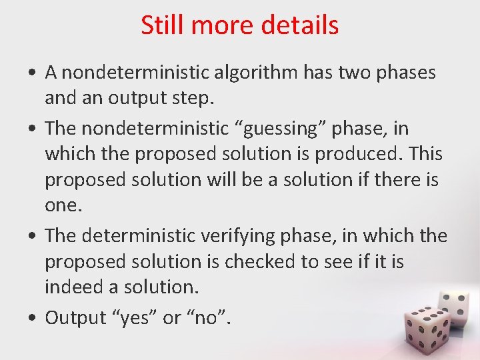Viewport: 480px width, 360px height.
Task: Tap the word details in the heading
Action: [301, 25]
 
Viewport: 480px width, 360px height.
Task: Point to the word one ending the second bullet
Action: [62, 206]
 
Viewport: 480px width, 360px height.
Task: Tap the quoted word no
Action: [206, 317]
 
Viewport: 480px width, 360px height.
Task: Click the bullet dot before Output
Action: [33, 318]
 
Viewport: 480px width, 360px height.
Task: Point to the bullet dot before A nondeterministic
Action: [33, 73]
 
